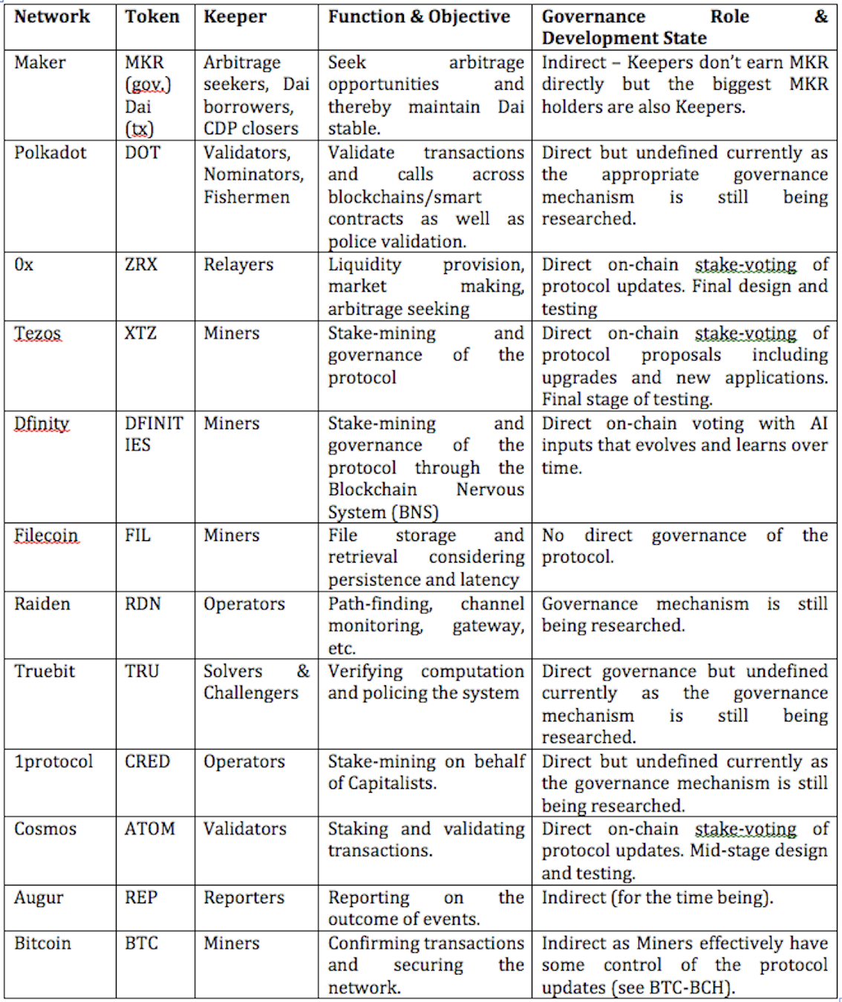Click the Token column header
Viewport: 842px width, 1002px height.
[x=152, y=16]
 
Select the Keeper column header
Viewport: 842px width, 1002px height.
[x=235, y=16]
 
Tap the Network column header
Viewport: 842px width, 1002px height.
[x=52, y=16]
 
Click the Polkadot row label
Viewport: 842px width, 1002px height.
[x=50, y=152]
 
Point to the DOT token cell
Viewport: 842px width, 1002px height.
[x=142, y=152]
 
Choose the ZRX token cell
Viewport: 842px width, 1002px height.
[x=141, y=264]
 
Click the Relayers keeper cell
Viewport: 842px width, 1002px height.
[x=238, y=264]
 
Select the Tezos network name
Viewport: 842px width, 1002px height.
[x=37, y=333]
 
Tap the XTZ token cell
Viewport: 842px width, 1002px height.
[x=140, y=333]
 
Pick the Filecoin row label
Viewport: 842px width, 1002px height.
[x=46, y=535]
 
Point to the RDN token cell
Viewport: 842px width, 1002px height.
[x=143, y=603]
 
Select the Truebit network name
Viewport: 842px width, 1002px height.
[x=45, y=671]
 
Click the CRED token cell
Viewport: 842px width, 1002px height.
[x=147, y=762]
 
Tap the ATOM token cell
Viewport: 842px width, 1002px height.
[x=150, y=828]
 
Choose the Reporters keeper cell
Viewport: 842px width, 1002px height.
[x=244, y=897]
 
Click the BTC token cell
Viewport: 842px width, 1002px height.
[x=141, y=943]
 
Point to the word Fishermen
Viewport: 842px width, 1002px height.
[x=247, y=197]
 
